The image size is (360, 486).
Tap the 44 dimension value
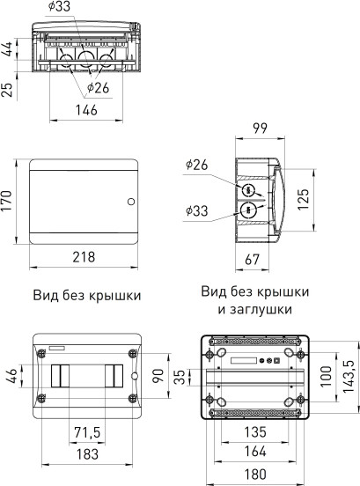click(x=8, y=48)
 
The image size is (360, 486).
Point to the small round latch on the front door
click(x=130, y=202)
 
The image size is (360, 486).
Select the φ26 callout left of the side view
click(x=196, y=164)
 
